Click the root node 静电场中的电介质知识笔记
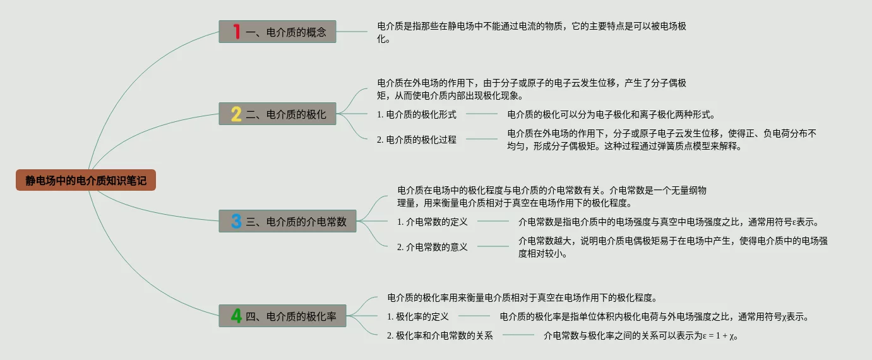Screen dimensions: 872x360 pyautogui.click(x=86, y=181)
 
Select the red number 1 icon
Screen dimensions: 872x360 pyautogui.click(x=237, y=32)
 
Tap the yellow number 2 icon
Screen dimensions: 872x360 pyautogui.click(x=236, y=114)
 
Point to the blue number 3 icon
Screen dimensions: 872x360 pyautogui.click(x=236, y=221)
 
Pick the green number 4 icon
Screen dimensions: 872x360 pyautogui.click(x=236, y=316)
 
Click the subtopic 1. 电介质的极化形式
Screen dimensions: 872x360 pyautogui.click(x=417, y=114)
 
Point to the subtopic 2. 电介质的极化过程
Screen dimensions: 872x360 pyautogui.click(x=417, y=140)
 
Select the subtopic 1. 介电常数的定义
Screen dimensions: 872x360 pyautogui.click(x=433, y=222)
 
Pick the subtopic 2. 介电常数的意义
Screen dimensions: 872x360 pyautogui.click(x=433, y=247)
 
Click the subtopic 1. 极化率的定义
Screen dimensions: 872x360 pyautogui.click(x=418, y=316)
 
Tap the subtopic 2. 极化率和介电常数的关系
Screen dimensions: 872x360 pyautogui.click(x=440, y=335)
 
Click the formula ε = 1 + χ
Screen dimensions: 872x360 pyautogui.click(x=720, y=336)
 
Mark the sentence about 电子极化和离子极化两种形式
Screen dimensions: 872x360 pyautogui.click(x=611, y=114)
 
